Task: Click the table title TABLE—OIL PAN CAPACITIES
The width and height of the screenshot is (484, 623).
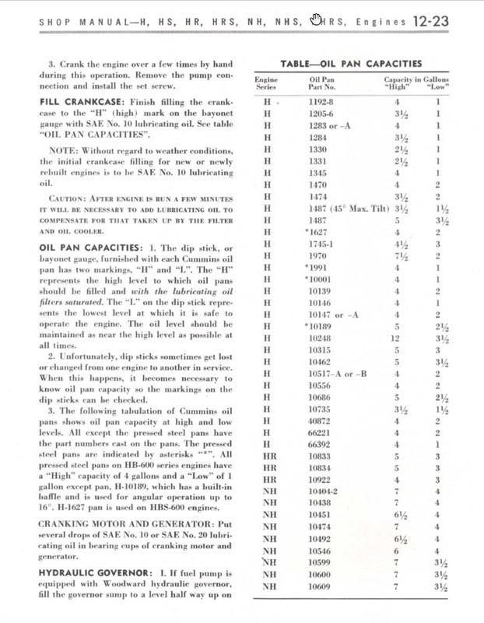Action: [x=351, y=63]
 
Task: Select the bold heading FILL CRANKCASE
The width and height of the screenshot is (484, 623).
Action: [x=77, y=102]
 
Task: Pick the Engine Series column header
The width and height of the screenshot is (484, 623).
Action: [x=266, y=83]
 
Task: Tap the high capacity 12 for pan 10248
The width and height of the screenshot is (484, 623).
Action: [x=396, y=338]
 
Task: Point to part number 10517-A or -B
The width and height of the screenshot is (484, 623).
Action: [x=338, y=373]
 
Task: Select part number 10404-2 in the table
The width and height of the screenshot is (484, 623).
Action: [x=324, y=491]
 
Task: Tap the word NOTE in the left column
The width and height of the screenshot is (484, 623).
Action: [x=64, y=150]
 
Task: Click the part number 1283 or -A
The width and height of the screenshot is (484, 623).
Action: [x=329, y=125]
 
